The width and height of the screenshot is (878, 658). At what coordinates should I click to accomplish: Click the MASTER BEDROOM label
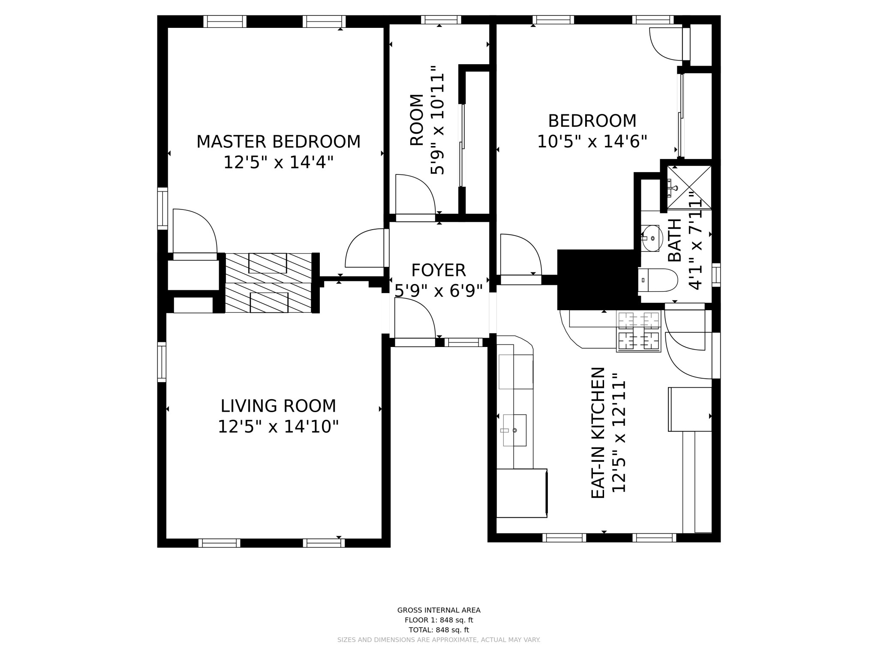(278, 142)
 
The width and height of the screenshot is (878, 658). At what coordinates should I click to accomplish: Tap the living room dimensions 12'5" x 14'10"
(278, 427)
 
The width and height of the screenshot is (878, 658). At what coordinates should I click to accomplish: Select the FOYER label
(438, 270)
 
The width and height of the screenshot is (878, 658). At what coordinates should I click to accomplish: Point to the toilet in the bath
(658, 280)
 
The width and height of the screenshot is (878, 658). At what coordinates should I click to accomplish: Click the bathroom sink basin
(652, 238)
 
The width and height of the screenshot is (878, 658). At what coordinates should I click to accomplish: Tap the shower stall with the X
(689, 188)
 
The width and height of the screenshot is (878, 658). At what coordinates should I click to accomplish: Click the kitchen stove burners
(638, 331)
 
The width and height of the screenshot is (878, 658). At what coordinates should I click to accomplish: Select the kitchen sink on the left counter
(514, 430)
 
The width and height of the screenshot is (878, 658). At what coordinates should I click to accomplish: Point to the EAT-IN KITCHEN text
(598, 433)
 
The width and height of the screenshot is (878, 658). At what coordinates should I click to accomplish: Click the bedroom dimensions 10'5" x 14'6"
(592, 141)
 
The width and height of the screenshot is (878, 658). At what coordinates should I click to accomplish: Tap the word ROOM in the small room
(417, 120)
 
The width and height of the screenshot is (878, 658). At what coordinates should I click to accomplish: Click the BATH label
(675, 240)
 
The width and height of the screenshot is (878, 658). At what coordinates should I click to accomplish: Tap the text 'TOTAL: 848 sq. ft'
(439, 630)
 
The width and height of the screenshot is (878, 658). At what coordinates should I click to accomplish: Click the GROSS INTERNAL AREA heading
(439, 610)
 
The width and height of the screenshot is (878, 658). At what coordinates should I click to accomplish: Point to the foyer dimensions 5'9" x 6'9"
(438, 291)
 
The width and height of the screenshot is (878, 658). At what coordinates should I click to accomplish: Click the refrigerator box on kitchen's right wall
(689, 409)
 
